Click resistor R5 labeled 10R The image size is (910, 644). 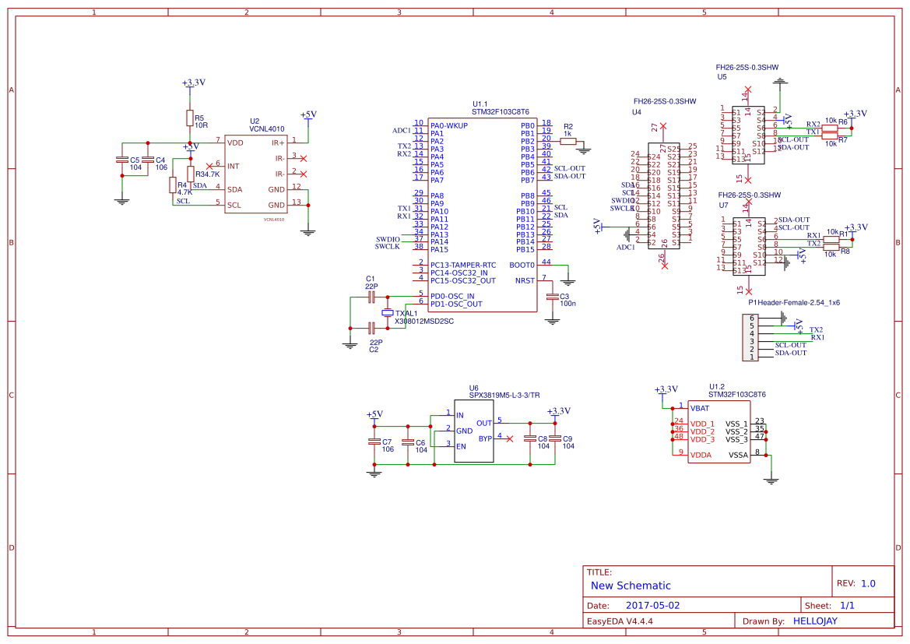pos(189,118)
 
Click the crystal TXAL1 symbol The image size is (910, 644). pos(388,312)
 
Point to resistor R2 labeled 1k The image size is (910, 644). pos(567,141)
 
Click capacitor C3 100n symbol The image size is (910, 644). pos(553,297)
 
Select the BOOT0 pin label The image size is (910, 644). pos(522,265)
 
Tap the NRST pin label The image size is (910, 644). pos(525,280)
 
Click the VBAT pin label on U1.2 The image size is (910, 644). pos(699,407)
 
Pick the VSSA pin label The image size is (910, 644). pos(738,455)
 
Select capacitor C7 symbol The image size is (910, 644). pos(374,442)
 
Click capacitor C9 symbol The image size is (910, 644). pos(555,439)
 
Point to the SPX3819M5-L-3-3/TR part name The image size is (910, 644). pos(504,396)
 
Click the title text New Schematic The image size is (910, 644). pos(631,586)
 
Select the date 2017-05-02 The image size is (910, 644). pos(652,605)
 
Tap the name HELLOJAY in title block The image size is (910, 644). pos(815,621)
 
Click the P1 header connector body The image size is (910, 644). pos(752,338)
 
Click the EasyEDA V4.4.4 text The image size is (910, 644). pos(620,621)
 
